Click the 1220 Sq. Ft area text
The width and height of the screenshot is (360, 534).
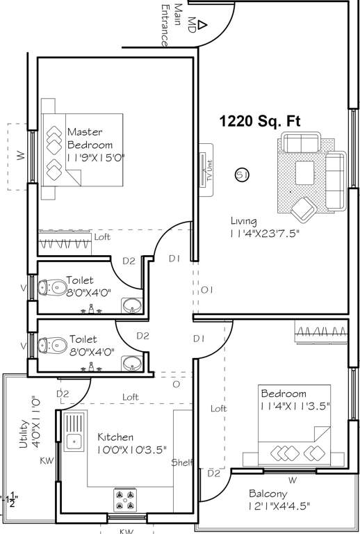pyautogui.click(x=260, y=121)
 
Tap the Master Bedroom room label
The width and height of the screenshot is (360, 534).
pyautogui.click(x=90, y=138)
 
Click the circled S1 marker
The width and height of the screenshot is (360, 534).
pyautogui.click(x=242, y=175)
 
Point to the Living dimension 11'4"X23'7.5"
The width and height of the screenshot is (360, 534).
pyautogui.click(x=268, y=234)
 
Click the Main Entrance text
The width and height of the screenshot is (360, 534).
pyautogui.click(x=166, y=24)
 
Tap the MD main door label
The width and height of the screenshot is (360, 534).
pyautogui.click(x=189, y=20)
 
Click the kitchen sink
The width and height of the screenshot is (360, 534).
pyautogui.click(x=72, y=439)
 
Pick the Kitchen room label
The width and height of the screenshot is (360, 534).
pyautogui.click(x=115, y=437)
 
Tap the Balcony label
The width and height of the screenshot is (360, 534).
pyautogui.click(x=269, y=494)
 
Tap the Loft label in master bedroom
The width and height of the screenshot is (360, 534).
pyautogui.click(x=102, y=236)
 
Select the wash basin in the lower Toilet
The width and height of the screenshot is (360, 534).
pyautogui.click(x=131, y=362)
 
